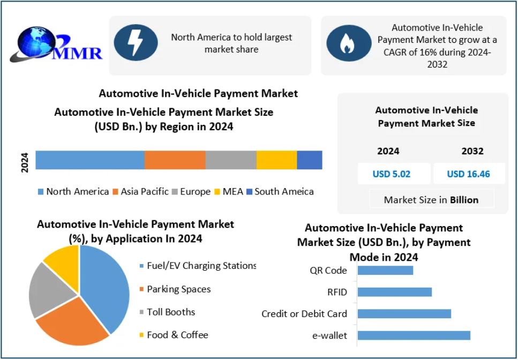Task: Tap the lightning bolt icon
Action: click(x=136, y=42)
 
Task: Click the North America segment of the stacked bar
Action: click(x=90, y=160)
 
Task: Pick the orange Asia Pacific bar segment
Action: click(x=175, y=160)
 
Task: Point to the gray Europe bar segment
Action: click(x=231, y=160)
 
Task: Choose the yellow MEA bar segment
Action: click(x=276, y=160)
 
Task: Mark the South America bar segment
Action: click(x=310, y=160)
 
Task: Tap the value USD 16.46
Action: click(x=469, y=174)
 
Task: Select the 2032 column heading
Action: click(x=472, y=151)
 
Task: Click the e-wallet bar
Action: click(x=414, y=335)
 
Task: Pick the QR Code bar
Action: click(x=385, y=270)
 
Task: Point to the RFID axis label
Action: click(x=337, y=292)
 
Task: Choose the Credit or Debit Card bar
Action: click(x=404, y=313)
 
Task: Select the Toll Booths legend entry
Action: click(x=171, y=312)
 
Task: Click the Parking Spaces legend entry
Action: click(x=178, y=289)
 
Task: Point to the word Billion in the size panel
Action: click(x=464, y=200)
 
